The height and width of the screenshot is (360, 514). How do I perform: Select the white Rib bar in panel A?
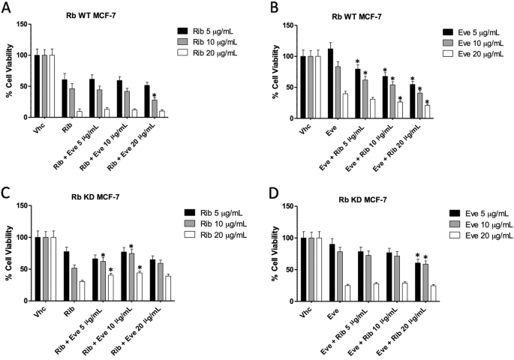point(80,113)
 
